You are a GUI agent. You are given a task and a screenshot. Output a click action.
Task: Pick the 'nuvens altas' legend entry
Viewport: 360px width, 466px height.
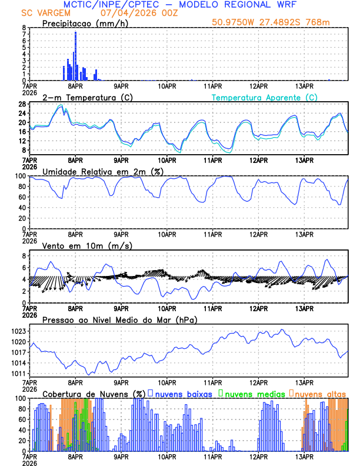321,393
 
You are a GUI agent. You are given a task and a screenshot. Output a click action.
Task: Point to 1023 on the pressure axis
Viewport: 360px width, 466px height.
18,331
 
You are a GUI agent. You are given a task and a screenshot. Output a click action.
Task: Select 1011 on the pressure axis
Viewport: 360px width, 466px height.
18,374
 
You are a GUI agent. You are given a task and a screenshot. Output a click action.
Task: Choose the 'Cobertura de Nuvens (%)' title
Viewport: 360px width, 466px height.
94,393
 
